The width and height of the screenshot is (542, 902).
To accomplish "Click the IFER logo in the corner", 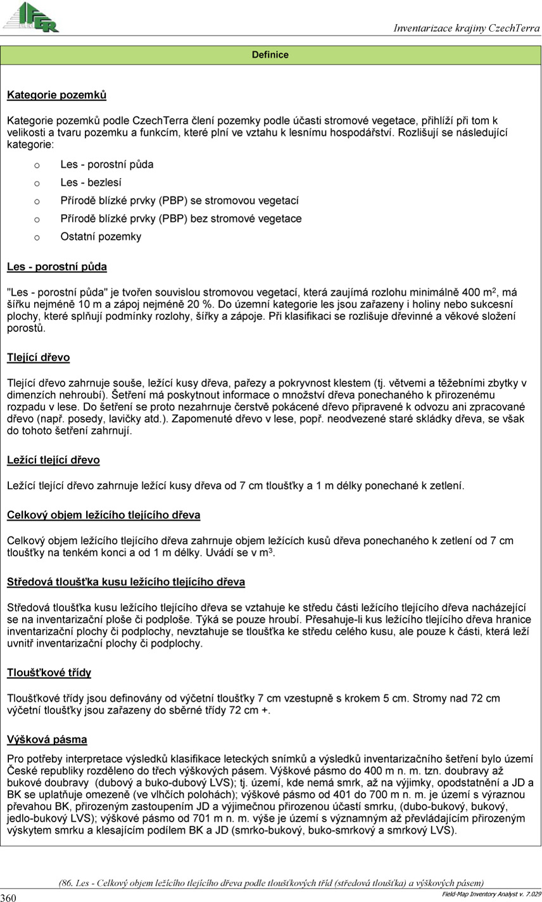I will [x=31, y=17].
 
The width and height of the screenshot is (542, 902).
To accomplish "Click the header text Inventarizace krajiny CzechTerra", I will [x=467, y=28].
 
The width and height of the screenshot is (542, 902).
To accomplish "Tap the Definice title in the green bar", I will [x=270, y=55].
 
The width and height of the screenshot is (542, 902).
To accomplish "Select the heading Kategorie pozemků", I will [x=56, y=95].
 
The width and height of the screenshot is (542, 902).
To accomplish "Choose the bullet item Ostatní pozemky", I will [x=101, y=237].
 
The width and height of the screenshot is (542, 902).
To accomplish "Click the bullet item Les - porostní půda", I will [x=107, y=164].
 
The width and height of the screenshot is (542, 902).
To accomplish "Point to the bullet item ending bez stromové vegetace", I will [x=181, y=219].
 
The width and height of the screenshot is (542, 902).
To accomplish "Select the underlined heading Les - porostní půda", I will [x=57, y=267].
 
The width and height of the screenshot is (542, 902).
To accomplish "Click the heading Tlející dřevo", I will [x=39, y=357].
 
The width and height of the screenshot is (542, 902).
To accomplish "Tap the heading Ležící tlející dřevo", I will [x=53, y=460].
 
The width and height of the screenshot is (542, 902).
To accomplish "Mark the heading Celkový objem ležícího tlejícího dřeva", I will [x=104, y=515].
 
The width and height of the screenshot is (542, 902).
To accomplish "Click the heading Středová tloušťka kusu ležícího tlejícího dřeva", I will [x=126, y=581].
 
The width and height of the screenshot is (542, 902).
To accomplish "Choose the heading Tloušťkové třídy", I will [x=49, y=673].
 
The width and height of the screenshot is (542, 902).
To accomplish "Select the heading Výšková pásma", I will [x=47, y=739].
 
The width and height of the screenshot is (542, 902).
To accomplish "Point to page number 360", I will [x=8, y=897].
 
